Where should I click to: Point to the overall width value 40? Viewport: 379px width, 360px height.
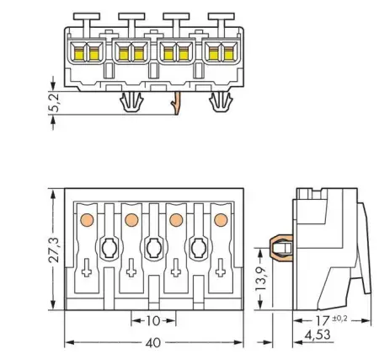coord(152,344)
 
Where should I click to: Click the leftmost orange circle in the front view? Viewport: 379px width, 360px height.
coord(85,220)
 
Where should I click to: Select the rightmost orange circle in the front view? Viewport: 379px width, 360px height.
coord(221,220)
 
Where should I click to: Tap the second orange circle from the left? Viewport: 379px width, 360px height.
coord(131,220)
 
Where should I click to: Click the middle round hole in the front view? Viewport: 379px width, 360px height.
coord(153,248)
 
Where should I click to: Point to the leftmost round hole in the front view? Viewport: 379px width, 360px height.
coord(108,248)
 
